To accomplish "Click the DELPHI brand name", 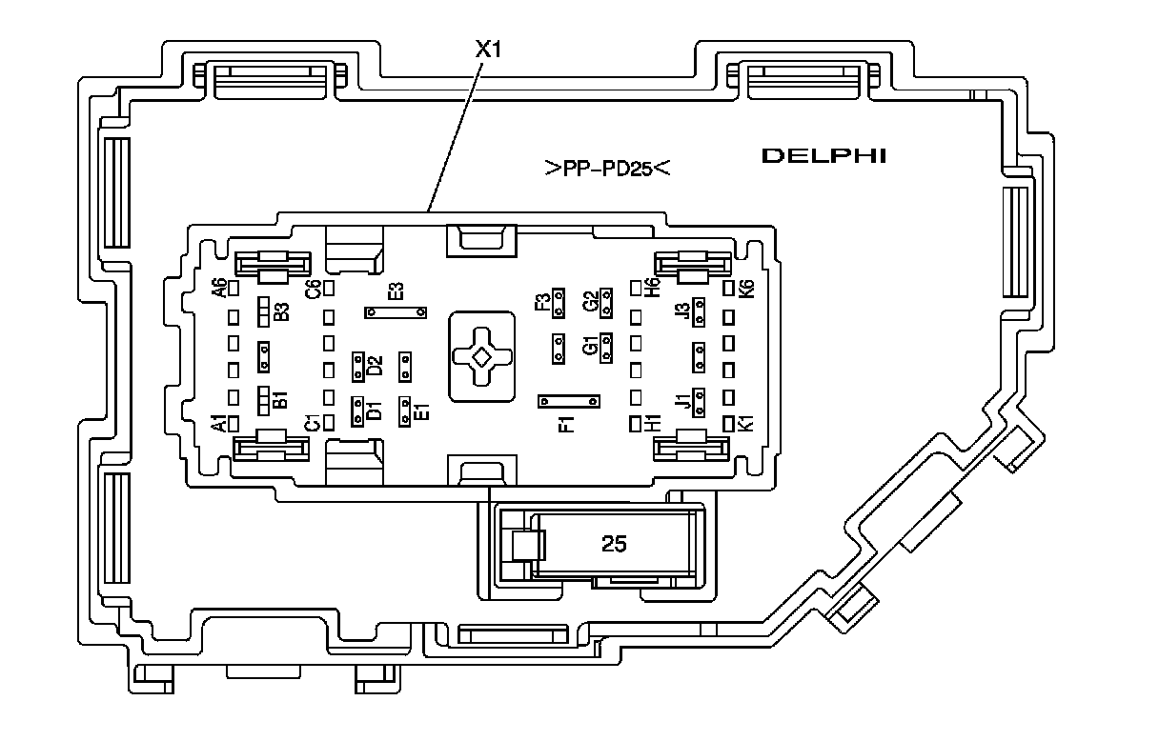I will coord(823,155).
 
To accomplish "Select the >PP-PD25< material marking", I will coord(609,170).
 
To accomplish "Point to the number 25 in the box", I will coord(615,544).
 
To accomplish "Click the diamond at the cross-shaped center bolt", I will coord(482,356).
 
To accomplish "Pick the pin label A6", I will coord(219,288).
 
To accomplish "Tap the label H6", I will coord(653,288).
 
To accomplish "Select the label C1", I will coord(311,424).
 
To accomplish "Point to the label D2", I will coord(375,365).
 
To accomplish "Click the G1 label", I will coord(590,348).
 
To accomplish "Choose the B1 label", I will coord(280,399).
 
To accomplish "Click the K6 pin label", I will coord(746,288).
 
